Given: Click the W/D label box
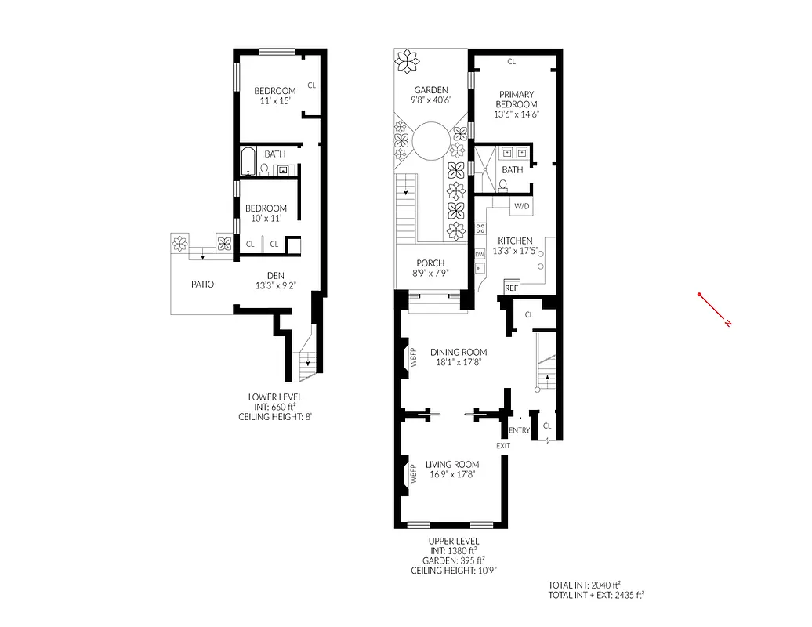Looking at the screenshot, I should point(520,207).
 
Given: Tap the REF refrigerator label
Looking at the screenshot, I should point(511,288).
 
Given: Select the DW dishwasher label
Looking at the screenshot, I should point(479,255).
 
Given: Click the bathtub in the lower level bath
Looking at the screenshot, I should point(247,161).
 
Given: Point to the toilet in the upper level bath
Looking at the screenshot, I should point(502,185).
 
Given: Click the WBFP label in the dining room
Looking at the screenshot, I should point(413,357).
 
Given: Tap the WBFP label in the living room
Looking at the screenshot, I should point(413,476).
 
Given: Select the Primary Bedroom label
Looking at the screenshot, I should point(517,100).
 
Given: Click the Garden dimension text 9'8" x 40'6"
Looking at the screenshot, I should point(431,100).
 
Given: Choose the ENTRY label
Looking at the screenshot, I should point(519,430).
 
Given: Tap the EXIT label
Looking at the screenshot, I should point(502,446).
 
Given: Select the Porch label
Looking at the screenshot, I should point(431,263).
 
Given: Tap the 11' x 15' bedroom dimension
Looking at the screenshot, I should point(274,101).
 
